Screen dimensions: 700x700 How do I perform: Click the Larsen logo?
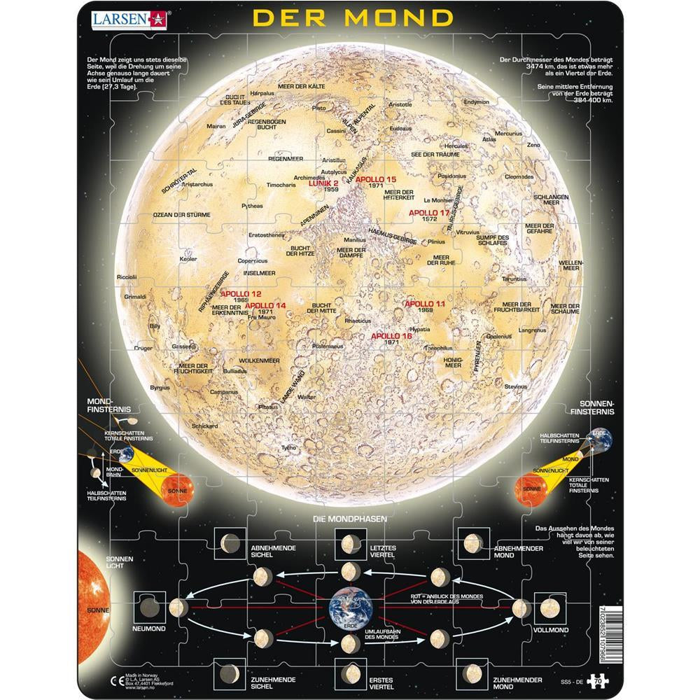coord(129,18)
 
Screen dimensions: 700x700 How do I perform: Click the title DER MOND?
coord(352,17)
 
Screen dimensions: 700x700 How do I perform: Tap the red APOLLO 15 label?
coord(376,180)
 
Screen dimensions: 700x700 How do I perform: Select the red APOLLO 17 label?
coord(429,212)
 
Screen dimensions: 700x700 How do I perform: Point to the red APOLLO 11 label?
coord(425,304)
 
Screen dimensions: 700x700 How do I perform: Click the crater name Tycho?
coord(288,447)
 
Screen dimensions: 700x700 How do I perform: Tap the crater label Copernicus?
coord(253,260)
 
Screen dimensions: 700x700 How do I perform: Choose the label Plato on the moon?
coord(319,108)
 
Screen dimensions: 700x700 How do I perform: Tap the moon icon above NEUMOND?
coord(149,607)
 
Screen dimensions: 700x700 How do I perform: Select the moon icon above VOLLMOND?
coord(550,608)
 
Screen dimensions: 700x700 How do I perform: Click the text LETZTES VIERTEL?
coord(378,550)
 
